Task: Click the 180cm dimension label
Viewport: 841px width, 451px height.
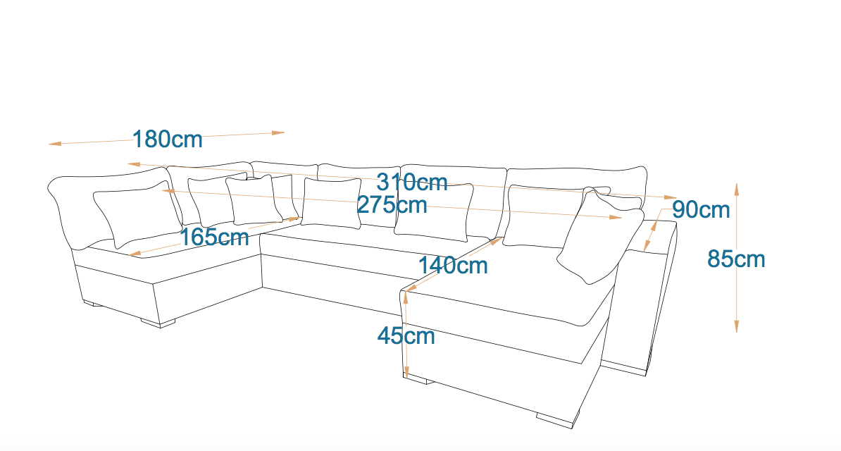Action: click(x=168, y=139)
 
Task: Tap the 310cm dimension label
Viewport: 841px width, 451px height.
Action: click(x=412, y=182)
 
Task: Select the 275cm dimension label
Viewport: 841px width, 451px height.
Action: click(x=392, y=204)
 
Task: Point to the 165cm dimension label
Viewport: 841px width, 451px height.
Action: click(x=214, y=237)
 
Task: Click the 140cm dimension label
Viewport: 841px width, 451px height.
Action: click(x=453, y=266)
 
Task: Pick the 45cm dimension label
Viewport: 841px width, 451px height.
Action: click(x=406, y=335)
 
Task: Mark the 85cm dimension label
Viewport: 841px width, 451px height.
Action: click(x=736, y=259)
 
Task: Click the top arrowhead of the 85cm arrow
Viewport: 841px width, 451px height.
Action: click(x=737, y=187)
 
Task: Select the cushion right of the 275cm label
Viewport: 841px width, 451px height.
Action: click(x=434, y=210)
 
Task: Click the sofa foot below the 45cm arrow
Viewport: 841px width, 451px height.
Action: click(x=418, y=381)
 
